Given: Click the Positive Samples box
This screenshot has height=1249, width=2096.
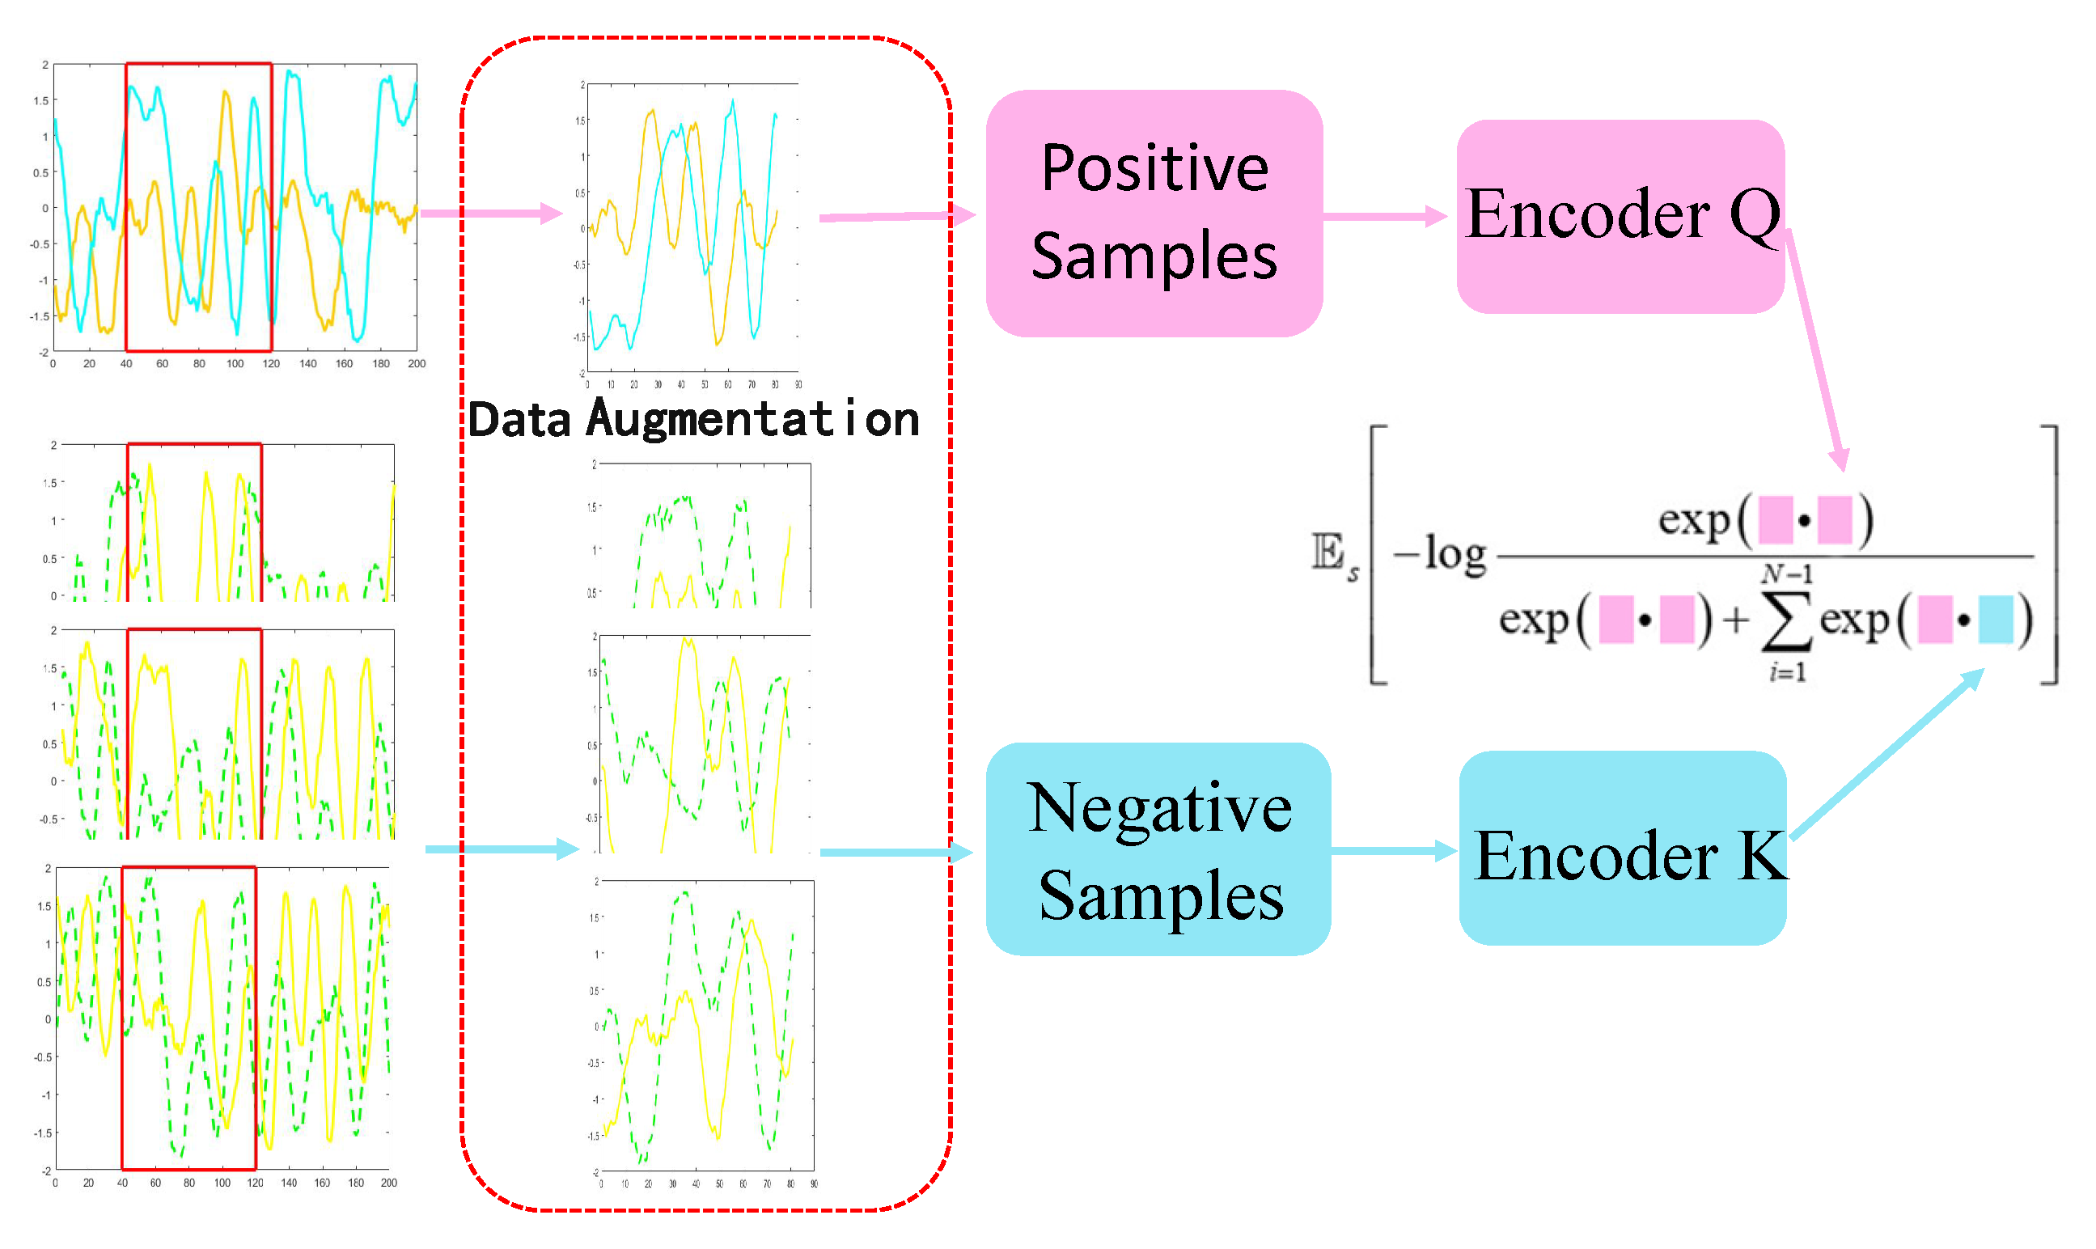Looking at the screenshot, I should [x=1154, y=213].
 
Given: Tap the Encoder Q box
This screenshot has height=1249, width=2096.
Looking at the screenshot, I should [x=1620, y=216].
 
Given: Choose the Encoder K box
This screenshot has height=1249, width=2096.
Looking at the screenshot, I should [x=1622, y=849].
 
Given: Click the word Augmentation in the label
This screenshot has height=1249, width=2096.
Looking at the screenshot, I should [x=753, y=419].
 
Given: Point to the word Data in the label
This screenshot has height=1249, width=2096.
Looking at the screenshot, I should [x=519, y=420].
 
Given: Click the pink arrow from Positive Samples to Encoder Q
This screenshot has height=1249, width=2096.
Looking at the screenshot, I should [x=1384, y=216].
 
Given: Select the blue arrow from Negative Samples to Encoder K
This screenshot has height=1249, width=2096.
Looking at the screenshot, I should [x=1393, y=850].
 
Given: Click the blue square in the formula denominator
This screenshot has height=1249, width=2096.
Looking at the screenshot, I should [x=1995, y=620].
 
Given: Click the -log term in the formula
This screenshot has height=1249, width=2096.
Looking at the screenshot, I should [x=1440, y=555].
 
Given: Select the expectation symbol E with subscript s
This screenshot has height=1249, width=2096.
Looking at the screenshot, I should [x=1335, y=555].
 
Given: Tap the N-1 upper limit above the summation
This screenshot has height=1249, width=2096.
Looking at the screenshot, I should [x=1787, y=574].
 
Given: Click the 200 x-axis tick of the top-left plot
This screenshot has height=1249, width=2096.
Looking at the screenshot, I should [x=417, y=363].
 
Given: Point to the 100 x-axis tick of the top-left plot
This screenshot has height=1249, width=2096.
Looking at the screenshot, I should [x=235, y=363].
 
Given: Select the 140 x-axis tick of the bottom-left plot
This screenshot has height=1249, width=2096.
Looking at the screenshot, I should [x=289, y=1183].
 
